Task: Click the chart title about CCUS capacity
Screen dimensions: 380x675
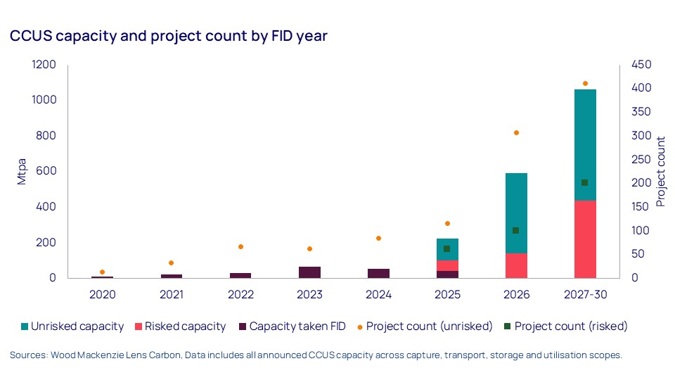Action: pyautogui.click(x=169, y=37)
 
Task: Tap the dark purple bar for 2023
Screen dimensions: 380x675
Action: pyautogui.click(x=309, y=272)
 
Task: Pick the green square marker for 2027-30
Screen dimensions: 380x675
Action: pyautogui.click(x=584, y=182)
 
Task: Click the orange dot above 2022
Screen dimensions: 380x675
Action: pyautogui.click(x=240, y=246)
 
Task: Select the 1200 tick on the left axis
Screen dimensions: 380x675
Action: pyautogui.click(x=43, y=65)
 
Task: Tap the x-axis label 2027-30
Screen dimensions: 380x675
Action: pyautogui.click(x=584, y=294)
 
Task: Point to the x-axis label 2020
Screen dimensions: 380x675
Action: pyautogui.click(x=102, y=294)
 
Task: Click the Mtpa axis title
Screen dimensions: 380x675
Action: pyautogui.click(x=22, y=171)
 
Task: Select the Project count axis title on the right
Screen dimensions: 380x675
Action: pyautogui.click(x=660, y=171)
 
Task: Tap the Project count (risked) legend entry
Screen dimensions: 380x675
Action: pyautogui.click(x=570, y=327)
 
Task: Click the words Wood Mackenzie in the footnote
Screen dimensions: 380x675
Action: pyautogui.click(x=82, y=355)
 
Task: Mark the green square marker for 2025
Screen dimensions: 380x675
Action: pyautogui.click(x=446, y=248)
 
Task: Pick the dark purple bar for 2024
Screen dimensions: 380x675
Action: pyautogui.click(x=378, y=273)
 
